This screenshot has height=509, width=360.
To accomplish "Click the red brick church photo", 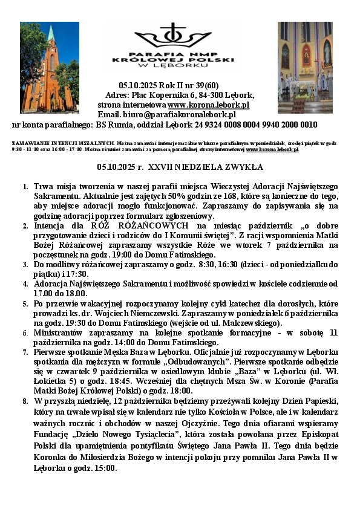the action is (x=50, y=67).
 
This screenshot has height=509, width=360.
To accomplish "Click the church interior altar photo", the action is (x=305, y=67).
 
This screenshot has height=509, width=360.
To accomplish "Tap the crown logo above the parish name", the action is (x=173, y=37).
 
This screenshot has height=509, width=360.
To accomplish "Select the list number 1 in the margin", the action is (x=24, y=187).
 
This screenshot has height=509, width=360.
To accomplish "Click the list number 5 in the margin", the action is (x=24, y=303).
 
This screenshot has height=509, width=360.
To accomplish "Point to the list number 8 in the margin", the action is (x=24, y=401).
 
